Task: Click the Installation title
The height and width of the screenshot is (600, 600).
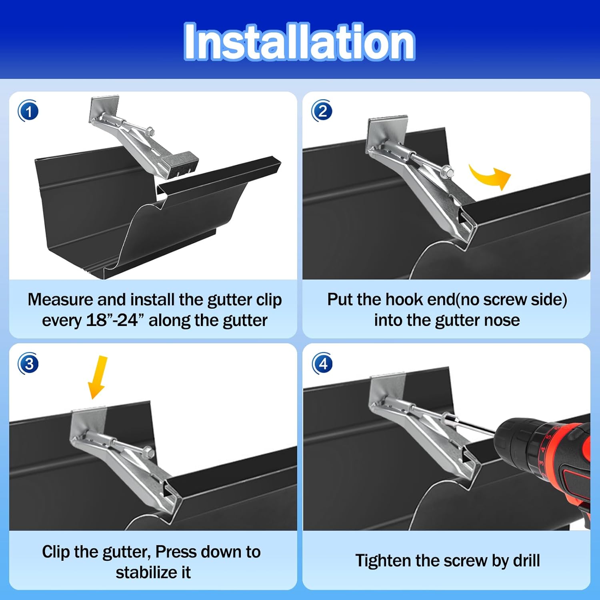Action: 299,42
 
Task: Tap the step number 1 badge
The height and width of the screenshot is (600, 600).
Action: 28,111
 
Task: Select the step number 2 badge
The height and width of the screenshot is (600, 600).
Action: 322,111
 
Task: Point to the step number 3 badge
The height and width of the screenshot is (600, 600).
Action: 28,364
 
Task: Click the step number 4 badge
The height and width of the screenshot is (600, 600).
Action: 322,364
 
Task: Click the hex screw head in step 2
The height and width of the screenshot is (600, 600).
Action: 447,173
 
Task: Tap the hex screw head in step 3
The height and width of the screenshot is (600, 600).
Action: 149,452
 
